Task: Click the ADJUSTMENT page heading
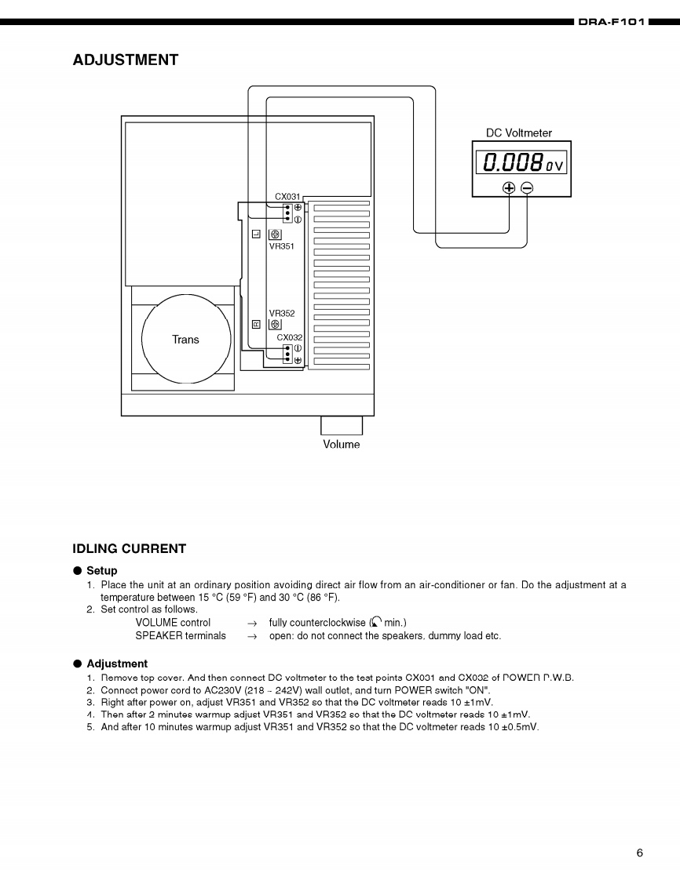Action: pos(126,60)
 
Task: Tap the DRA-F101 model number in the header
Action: pos(611,22)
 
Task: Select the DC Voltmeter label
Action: pos(519,133)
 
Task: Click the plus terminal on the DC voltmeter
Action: pos(509,187)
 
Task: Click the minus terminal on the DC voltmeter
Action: pos(527,187)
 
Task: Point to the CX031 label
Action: pos(287,197)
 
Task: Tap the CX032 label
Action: pos(289,337)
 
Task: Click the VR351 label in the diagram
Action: pos(282,245)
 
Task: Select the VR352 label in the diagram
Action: pos(282,313)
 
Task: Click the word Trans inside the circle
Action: pos(185,340)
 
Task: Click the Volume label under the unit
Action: pos(342,445)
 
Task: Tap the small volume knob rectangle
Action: pos(342,425)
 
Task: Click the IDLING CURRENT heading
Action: pos(130,548)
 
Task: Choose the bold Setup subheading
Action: pos(102,571)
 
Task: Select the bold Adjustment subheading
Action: pos(117,664)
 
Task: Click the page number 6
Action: pos(639,853)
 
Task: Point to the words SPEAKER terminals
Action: pos(181,635)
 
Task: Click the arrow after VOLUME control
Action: pos(252,623)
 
